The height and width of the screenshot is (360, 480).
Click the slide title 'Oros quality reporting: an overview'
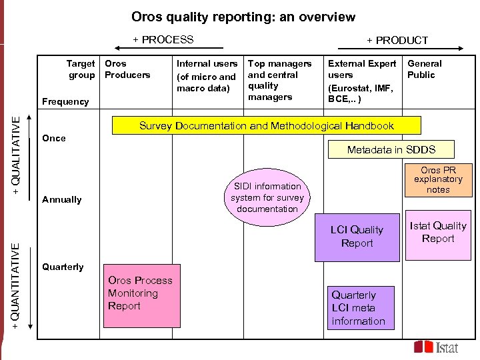pyautogui.click(x=243, y=17)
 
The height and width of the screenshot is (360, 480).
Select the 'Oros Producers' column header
pyautogui.click(x=127, y=69)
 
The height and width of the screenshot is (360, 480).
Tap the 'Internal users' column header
pyautogui.click(x=207, y=75)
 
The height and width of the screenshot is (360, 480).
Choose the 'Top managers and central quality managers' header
pyautogui.click(x=279, y=80)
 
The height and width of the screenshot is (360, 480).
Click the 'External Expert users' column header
pyautogui.click(x=362, y=81)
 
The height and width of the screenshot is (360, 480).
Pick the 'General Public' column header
pyautogui.click(x=425, y=69)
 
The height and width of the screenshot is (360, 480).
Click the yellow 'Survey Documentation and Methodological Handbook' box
pyautogui.click(x=267, y=125)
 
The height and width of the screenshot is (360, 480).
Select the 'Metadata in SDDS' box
pyautogui.click(x=391, y=149)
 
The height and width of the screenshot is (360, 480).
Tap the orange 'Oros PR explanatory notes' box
pyautogui.click(x=438, y=180)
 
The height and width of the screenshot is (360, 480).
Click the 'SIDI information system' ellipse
pyautogui.click(x=267, y=197)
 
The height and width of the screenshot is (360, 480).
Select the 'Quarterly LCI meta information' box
pyautogui.click(x=360, y=308)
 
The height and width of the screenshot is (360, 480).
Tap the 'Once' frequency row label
pyautogui.click(x=54, y=138)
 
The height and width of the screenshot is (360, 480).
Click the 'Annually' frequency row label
pyautogui.click(x=62, y=199)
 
